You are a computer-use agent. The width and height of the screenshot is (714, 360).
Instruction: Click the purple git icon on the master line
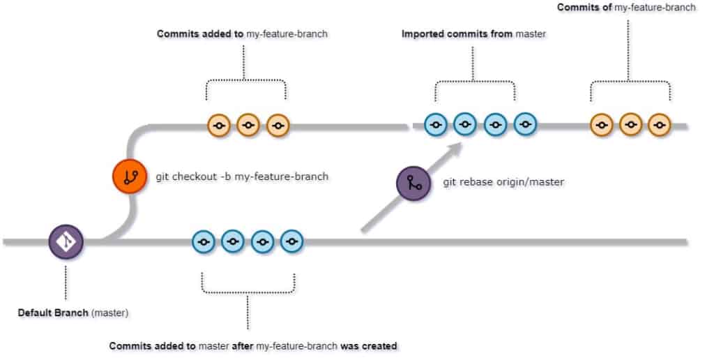coord(66,242)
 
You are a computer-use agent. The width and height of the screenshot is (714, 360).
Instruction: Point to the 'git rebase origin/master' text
coord(503,183)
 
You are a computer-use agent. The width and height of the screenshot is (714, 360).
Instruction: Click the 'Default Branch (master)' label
coord(73,313)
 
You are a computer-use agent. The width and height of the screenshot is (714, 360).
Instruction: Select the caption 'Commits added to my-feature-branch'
coord(242,33)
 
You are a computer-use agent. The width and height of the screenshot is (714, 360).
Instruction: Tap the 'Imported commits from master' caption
coord(473,33)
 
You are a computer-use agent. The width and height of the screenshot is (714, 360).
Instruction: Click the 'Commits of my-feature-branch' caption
coord(626,8)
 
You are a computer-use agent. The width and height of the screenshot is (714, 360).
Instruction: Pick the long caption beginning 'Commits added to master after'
coord(253,345)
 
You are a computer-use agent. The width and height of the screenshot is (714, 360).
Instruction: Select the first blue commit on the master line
coord(204,242)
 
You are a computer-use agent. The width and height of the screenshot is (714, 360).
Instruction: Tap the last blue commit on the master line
coord(291,242)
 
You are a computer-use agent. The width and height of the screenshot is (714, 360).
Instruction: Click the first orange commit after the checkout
coord(219,126)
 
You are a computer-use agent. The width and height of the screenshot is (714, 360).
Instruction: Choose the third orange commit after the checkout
coord(278,126)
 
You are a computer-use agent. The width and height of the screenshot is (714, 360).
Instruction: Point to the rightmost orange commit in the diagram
coord(658,126)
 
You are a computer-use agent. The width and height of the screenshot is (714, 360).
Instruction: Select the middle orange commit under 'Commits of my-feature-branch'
coord(630,126)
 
